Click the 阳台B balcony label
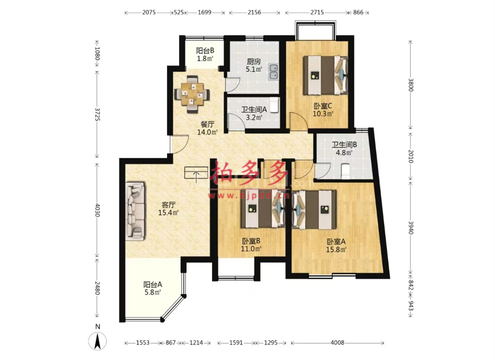tap(205, 54)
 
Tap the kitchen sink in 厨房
tap(273, 72)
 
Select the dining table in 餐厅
tap(192, 94)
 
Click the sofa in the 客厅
tap(135, 211)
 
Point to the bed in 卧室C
tap(325, 75)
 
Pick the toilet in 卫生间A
tap(275, 105)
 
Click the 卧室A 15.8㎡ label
tap(336, 246)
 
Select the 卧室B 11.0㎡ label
tap(251, 245)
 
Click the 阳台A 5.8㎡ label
tap(153, 288)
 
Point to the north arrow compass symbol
tap(98, 341)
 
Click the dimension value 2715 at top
tap(317, 12)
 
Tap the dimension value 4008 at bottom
tap(337, 343)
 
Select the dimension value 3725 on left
tap(97, 114)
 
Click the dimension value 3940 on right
tap(411, 227)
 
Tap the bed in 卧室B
tap(263, 209)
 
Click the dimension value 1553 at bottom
tap(143, 343)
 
